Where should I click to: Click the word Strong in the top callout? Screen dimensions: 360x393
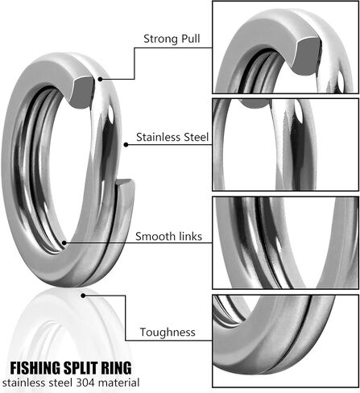click(160, 39)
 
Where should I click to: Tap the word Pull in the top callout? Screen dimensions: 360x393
click(191, 39)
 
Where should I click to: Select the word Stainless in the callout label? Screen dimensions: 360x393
click(159, 137)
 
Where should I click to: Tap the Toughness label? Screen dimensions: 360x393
click(168, 333)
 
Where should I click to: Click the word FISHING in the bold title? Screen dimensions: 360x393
click(35, 368)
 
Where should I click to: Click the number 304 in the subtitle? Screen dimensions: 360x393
click(85, 383)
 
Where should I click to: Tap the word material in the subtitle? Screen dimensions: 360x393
click(118, 383)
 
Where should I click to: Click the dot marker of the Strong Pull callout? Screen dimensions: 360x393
click(100, 79)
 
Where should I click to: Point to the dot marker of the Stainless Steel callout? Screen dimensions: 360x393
click(126, 145)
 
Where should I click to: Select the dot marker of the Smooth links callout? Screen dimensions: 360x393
click(64, 243)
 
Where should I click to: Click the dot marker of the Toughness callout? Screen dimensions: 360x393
click(83, 296)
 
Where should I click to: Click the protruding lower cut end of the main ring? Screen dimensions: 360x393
click(124, 183)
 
